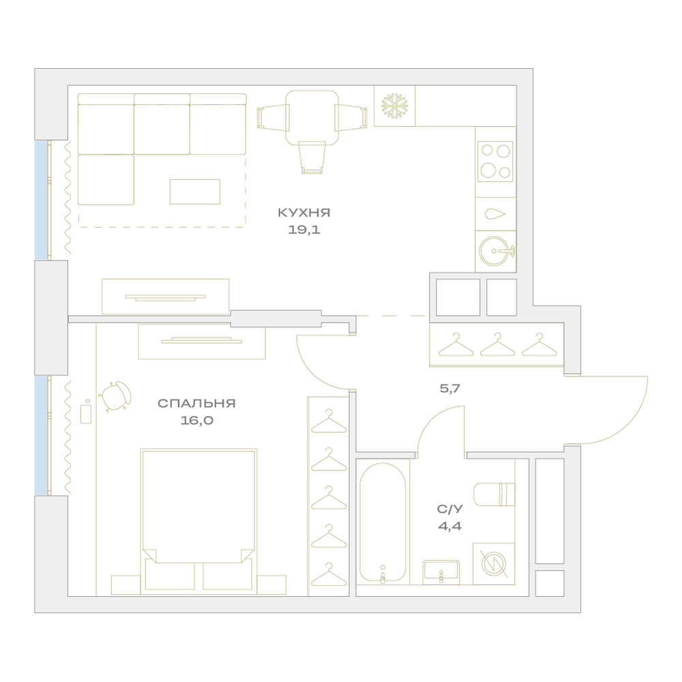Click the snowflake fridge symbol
click(394, 105)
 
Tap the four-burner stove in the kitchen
click(495, 162)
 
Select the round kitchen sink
click(496, 251)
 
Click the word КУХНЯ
click(304, 213)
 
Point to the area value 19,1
click(304, 230)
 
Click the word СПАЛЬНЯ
click(196, 403)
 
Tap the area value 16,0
click(197, 421)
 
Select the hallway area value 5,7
click(449, 389)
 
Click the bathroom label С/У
click(449, 509)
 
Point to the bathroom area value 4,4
click(449, 527)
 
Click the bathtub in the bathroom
click(383, 522)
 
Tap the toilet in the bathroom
click(494, 494)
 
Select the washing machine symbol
click(494, 564)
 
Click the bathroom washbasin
click(441, 572)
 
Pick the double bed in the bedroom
click(198, 522)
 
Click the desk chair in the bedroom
click(117, 396)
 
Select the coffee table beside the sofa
click(195, 192)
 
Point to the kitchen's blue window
click(42, 200)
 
